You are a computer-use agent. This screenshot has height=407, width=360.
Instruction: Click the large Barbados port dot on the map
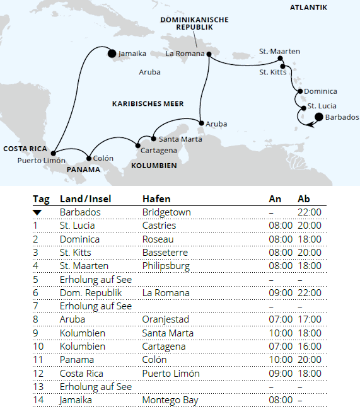point(318,117)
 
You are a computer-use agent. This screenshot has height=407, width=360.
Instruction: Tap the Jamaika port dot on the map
point(112,54)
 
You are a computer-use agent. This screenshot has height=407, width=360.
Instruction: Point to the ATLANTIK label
point(308,8)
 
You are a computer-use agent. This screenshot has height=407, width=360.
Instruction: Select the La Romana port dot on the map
point(207,54)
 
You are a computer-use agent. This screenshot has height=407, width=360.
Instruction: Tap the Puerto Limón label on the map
point(42,161)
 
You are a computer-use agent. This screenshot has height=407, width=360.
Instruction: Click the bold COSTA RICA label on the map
point(25,149)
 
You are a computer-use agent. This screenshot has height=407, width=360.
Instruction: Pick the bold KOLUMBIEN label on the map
point(154,165)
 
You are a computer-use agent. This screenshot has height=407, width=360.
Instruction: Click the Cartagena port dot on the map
point(139,146)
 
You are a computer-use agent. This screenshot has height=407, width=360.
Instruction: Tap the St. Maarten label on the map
point(279,51)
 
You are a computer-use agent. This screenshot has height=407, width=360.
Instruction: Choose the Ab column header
point(304,199)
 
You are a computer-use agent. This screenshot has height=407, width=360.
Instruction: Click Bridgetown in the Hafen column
point(166,213)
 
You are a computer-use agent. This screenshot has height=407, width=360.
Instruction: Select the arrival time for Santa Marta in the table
point(281,333)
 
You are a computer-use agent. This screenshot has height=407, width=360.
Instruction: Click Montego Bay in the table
point(171,399)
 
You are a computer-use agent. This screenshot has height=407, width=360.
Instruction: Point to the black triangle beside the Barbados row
point(39,213)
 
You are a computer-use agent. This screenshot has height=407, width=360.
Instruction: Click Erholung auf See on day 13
point(95,386)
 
